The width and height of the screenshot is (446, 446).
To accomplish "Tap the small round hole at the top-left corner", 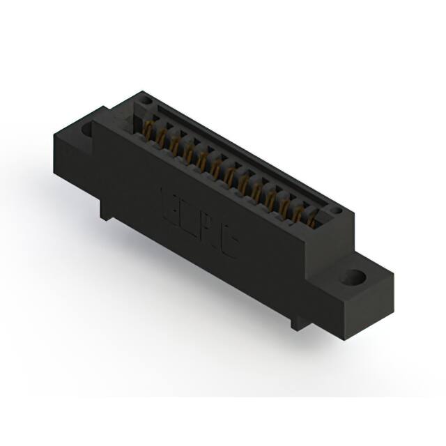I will click(146, 102).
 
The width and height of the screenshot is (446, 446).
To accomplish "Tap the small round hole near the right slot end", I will click(335, 209).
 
